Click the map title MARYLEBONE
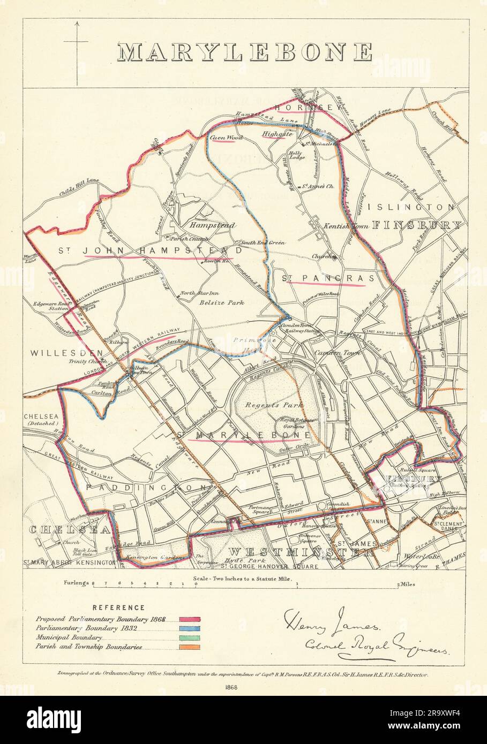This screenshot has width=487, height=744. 244,52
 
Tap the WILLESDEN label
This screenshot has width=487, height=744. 59,353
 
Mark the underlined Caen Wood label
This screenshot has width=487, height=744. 227,138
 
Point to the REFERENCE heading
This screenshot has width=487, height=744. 118,608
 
